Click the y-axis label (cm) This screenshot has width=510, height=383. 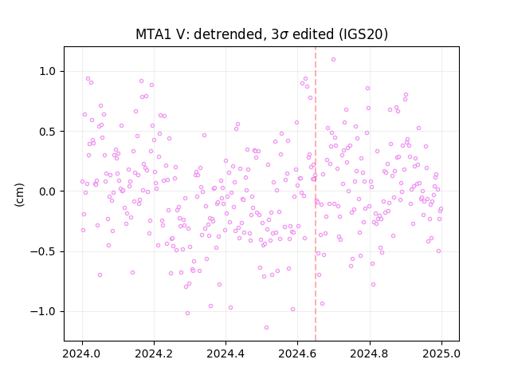pos(19,195)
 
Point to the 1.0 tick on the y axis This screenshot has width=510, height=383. pos(49,71)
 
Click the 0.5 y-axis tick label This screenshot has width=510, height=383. pos(49,131)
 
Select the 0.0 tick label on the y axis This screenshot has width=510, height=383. pos(49,191)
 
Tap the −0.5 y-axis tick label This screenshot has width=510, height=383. pos(44,251)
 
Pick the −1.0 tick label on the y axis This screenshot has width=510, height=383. pos(44,312)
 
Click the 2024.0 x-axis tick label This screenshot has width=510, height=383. pos(82,353)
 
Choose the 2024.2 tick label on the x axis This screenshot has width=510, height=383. pos(154,353)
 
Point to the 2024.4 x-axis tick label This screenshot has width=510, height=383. pos(226,353)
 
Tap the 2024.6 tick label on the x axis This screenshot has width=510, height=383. pos(297,353)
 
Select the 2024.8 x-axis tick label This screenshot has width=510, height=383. pos(370,353)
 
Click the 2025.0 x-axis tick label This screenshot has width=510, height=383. pos(441,353)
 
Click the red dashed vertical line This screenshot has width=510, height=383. pos(316,194)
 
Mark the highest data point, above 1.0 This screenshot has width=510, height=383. pos(333,60)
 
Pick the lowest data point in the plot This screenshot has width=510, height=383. pos(266,328)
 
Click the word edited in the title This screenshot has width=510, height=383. pos(313,34)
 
